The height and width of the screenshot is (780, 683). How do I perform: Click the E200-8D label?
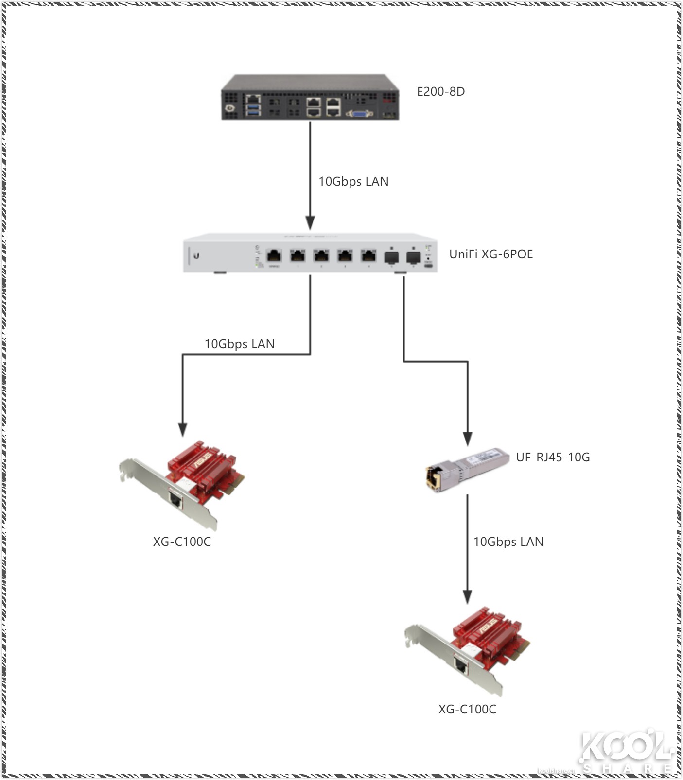click(440, 91)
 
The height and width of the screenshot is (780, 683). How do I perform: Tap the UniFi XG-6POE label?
click(490, 254)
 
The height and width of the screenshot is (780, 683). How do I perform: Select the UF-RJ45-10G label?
click(553, 457)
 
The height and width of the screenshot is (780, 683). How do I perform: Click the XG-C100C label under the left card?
click(182, 542)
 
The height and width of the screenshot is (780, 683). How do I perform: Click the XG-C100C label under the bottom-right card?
click(467, 709)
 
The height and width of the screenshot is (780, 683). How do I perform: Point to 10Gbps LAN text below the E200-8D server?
click(353, 181)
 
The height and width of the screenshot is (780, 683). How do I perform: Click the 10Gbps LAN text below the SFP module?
click(508, 542)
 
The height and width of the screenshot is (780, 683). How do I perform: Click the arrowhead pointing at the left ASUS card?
click(182, 429)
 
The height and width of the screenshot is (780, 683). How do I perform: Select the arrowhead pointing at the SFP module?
click(467, 439)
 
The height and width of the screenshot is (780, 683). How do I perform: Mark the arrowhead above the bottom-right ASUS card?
click(467, 597)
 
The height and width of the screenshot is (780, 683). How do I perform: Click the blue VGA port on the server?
click(359, 114)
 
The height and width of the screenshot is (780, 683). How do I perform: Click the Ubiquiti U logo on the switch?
click(196, 255)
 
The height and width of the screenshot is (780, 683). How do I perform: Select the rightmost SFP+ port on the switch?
click(413, 256)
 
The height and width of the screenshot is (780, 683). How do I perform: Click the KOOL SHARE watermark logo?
click(625, 750)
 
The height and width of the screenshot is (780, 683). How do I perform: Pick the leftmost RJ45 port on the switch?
click(274, 255)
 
